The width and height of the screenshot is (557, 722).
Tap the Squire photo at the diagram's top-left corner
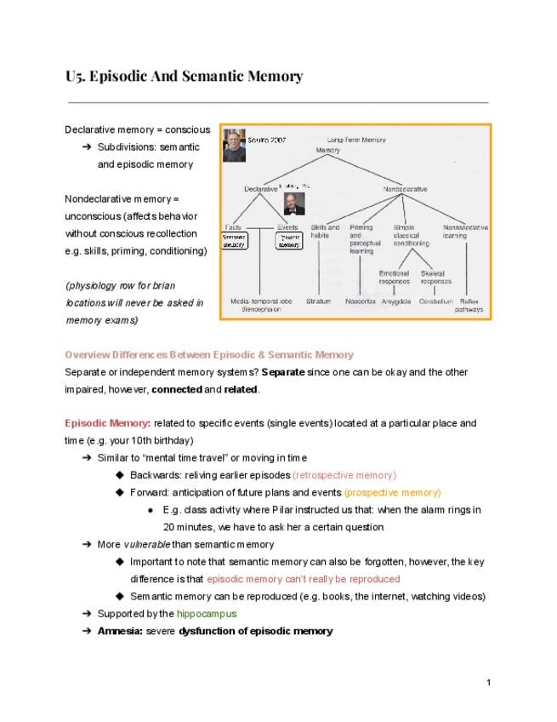click(232, 145)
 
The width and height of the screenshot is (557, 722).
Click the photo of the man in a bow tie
click(294, 202)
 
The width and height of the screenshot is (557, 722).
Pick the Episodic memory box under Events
click(289, 240)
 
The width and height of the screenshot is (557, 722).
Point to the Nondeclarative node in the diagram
click(405, 188)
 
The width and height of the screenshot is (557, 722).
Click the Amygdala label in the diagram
click(396, 301)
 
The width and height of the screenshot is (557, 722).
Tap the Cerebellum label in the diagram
click(435, 301)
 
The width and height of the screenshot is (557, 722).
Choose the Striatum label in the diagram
click(319, 301)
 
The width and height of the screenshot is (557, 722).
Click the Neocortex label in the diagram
click(361, 301)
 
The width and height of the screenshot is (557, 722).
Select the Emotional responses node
click(395, 277)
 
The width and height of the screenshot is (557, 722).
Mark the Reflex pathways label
click(469, 305)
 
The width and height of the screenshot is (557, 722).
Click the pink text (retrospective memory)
click(344, 475)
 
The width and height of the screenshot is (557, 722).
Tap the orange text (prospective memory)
click(392, 492)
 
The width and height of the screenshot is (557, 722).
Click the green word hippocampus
click(207, 613)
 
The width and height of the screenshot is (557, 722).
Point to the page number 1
click(489, 683)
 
